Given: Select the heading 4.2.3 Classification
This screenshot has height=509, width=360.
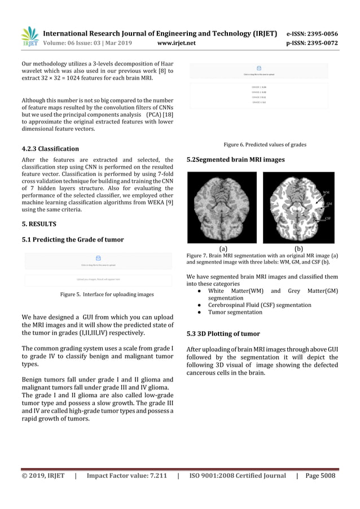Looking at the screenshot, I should click(50, 149).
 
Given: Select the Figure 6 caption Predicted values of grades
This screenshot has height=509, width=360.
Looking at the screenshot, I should click(265, 145).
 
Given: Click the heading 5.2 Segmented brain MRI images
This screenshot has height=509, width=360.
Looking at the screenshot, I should click(235, 160).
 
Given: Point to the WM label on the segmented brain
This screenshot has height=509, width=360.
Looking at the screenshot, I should click(326, 192).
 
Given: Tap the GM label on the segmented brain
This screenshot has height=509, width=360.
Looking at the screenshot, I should click(328, 204).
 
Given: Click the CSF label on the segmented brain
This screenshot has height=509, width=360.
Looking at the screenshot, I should click(328, 217).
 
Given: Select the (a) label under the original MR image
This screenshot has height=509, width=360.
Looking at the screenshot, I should click(223, 248).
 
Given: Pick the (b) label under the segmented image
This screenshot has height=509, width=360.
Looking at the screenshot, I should click(298, 248).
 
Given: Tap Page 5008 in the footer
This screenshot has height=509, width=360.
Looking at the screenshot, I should click(320, 476).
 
